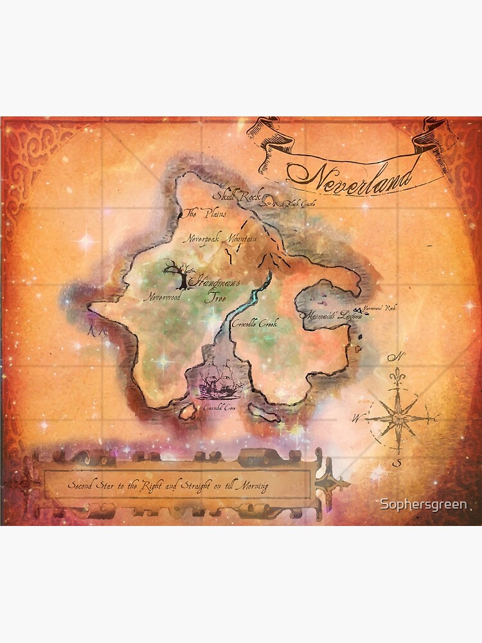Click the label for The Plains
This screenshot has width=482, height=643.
pos(201,213)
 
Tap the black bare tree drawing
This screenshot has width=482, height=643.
pos(179,274)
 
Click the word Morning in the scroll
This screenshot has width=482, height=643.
pos(251,486)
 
